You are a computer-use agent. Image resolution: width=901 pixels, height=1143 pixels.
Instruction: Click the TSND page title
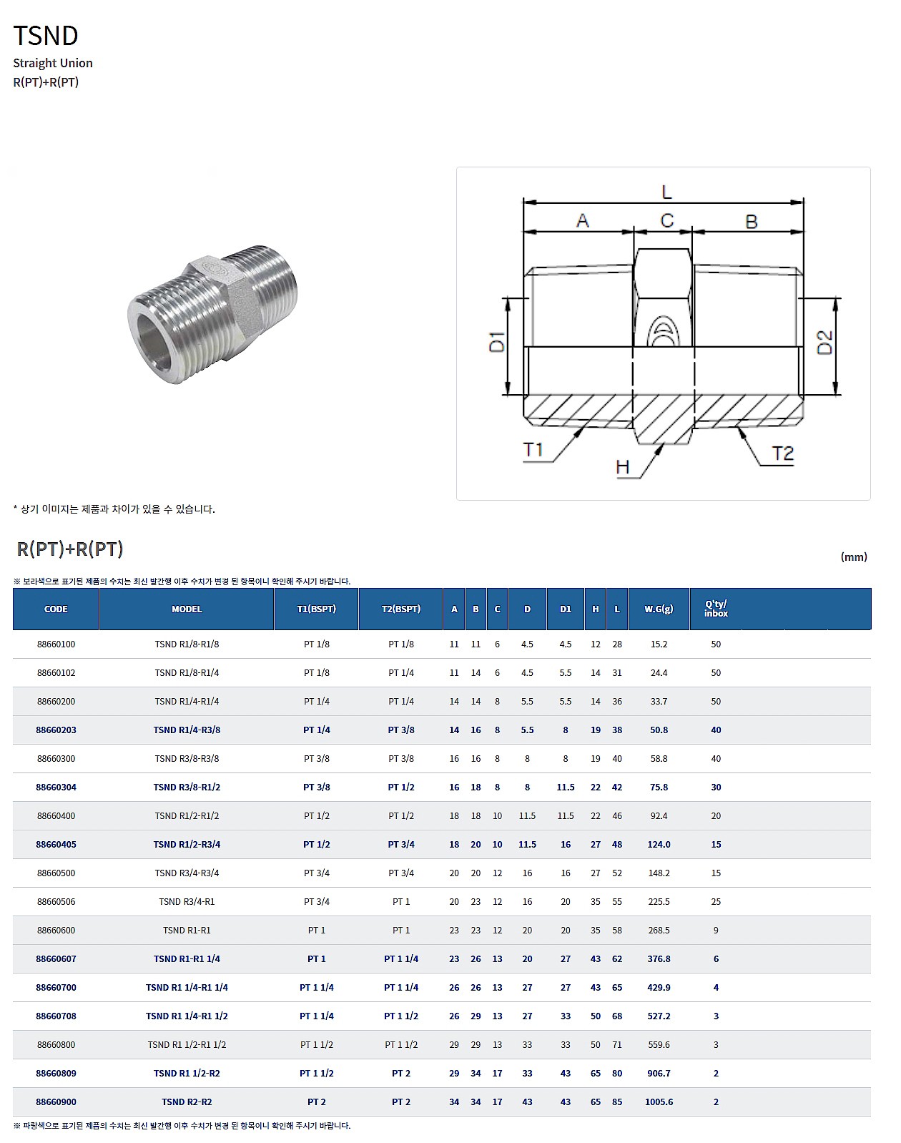coord(46,35)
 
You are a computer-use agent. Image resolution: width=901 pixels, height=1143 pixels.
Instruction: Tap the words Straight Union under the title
coord(53,63)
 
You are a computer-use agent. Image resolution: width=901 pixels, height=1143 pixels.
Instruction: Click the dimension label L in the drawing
coord(666,192)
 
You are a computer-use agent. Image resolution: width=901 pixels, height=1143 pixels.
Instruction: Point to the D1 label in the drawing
coord(497,342)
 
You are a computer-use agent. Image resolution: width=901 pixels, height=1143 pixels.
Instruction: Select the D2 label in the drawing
coord(824,342)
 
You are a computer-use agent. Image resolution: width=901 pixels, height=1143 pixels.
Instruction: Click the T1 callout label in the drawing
coord(533,449)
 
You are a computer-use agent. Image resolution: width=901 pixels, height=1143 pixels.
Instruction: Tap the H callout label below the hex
coord(623,467)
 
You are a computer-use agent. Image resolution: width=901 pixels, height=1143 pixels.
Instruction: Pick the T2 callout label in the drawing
coord(783,453)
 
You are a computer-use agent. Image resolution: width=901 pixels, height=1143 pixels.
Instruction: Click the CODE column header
coord(56,609)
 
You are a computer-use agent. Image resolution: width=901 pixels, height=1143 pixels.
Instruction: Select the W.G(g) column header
coord(659,609)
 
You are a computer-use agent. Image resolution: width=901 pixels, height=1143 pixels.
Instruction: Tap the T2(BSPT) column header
coord(401,609)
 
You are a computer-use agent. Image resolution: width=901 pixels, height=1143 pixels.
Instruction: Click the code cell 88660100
coord(56,644)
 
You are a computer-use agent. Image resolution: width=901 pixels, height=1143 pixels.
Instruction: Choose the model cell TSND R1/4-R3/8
coord(187,730)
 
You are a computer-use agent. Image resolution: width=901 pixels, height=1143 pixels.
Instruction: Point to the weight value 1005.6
coord(659,1102)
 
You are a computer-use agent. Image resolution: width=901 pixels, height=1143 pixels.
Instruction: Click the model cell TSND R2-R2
coord(187,1102)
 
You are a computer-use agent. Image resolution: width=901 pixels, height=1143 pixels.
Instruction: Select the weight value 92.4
coord(659,816)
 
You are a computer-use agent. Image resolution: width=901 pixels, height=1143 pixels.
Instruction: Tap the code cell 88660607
coord(56,959)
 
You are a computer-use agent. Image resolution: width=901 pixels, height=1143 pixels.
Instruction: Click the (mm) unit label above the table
coord(854,556)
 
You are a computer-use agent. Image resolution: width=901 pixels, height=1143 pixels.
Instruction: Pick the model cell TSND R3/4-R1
coord(187,902)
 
